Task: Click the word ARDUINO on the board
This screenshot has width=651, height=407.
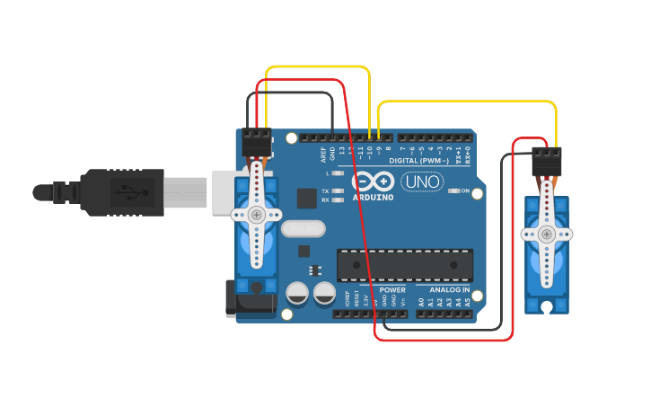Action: tap(373, 197)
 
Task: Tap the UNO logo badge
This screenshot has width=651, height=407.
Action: tap(422, 181)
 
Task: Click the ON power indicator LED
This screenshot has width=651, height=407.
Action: tap(454, 190)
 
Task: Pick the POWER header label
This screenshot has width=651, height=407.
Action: tap(392, 290)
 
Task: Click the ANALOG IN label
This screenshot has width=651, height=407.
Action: tap(449, 290)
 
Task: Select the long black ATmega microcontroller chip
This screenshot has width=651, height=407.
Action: tap(404, 265)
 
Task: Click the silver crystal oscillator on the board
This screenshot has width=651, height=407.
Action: tap(303, 229)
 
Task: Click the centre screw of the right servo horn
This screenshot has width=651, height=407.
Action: tap(546, 234)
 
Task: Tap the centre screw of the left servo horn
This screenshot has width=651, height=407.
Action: tap(257, 215)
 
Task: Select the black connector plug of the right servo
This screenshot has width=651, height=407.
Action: tap(546, 162)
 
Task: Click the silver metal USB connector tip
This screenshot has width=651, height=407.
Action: tap(186, 192)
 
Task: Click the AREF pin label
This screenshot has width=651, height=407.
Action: tap(322, 153)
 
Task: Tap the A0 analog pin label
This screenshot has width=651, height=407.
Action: tap(420, 302)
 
